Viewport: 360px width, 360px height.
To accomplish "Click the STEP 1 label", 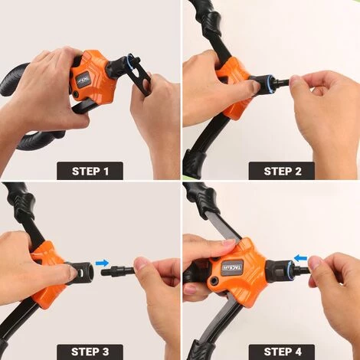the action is [x=90, y=171].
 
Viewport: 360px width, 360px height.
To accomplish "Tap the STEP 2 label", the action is [x=282, y=171].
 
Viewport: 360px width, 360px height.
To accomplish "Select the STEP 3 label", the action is [x=90, y=352].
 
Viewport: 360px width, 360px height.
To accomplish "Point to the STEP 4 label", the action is [x=282, y=352].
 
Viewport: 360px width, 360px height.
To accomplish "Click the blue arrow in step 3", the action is [x=102, y=263].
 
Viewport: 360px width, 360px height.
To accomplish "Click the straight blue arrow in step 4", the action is [x=300, y=258].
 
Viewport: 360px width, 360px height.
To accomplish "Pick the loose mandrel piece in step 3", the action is [x=117, y=271].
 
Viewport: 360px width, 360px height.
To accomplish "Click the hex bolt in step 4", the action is [x=213, y=281].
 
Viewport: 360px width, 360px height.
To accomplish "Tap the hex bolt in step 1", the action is [x=75, y=94].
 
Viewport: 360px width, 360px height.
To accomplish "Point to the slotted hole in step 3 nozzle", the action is [x=80, y=273].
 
